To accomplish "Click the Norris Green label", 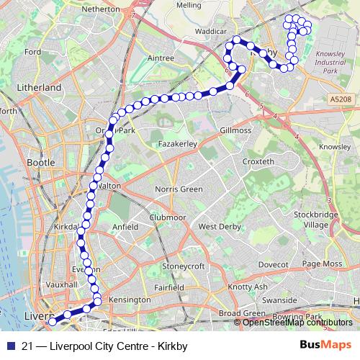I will (x=180, y=189).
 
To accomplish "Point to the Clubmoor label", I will (x=167, y=217).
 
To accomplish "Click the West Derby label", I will (x=219, y=227).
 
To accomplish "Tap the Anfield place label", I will (x=125, y=227).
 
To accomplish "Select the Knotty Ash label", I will (x=247, y=287).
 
